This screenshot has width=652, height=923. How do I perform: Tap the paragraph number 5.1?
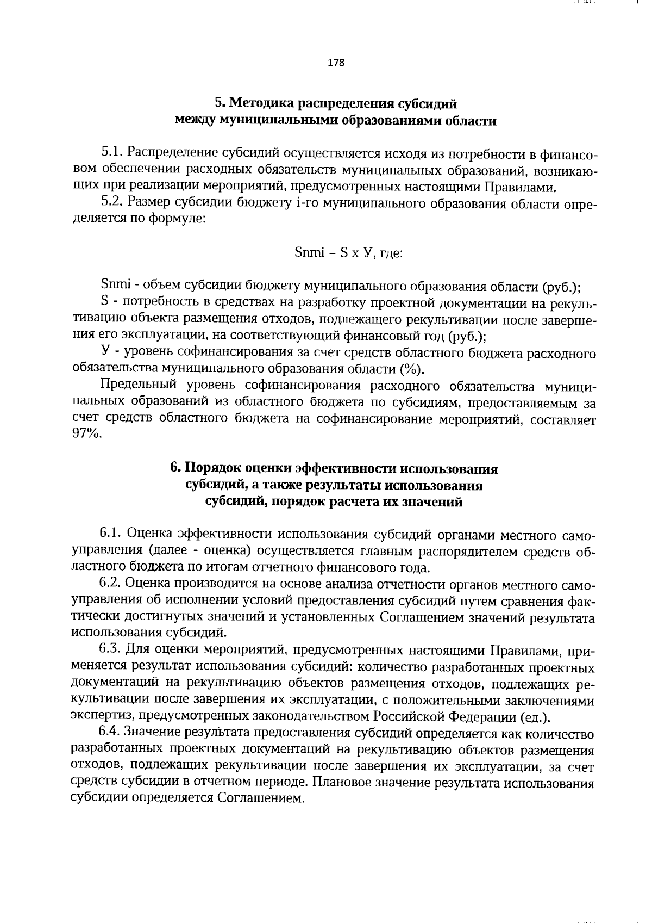112,154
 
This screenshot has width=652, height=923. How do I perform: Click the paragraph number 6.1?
112,534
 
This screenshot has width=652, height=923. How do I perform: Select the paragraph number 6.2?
112,585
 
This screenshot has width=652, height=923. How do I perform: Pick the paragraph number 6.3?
112,651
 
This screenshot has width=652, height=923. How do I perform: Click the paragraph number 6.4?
112,734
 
